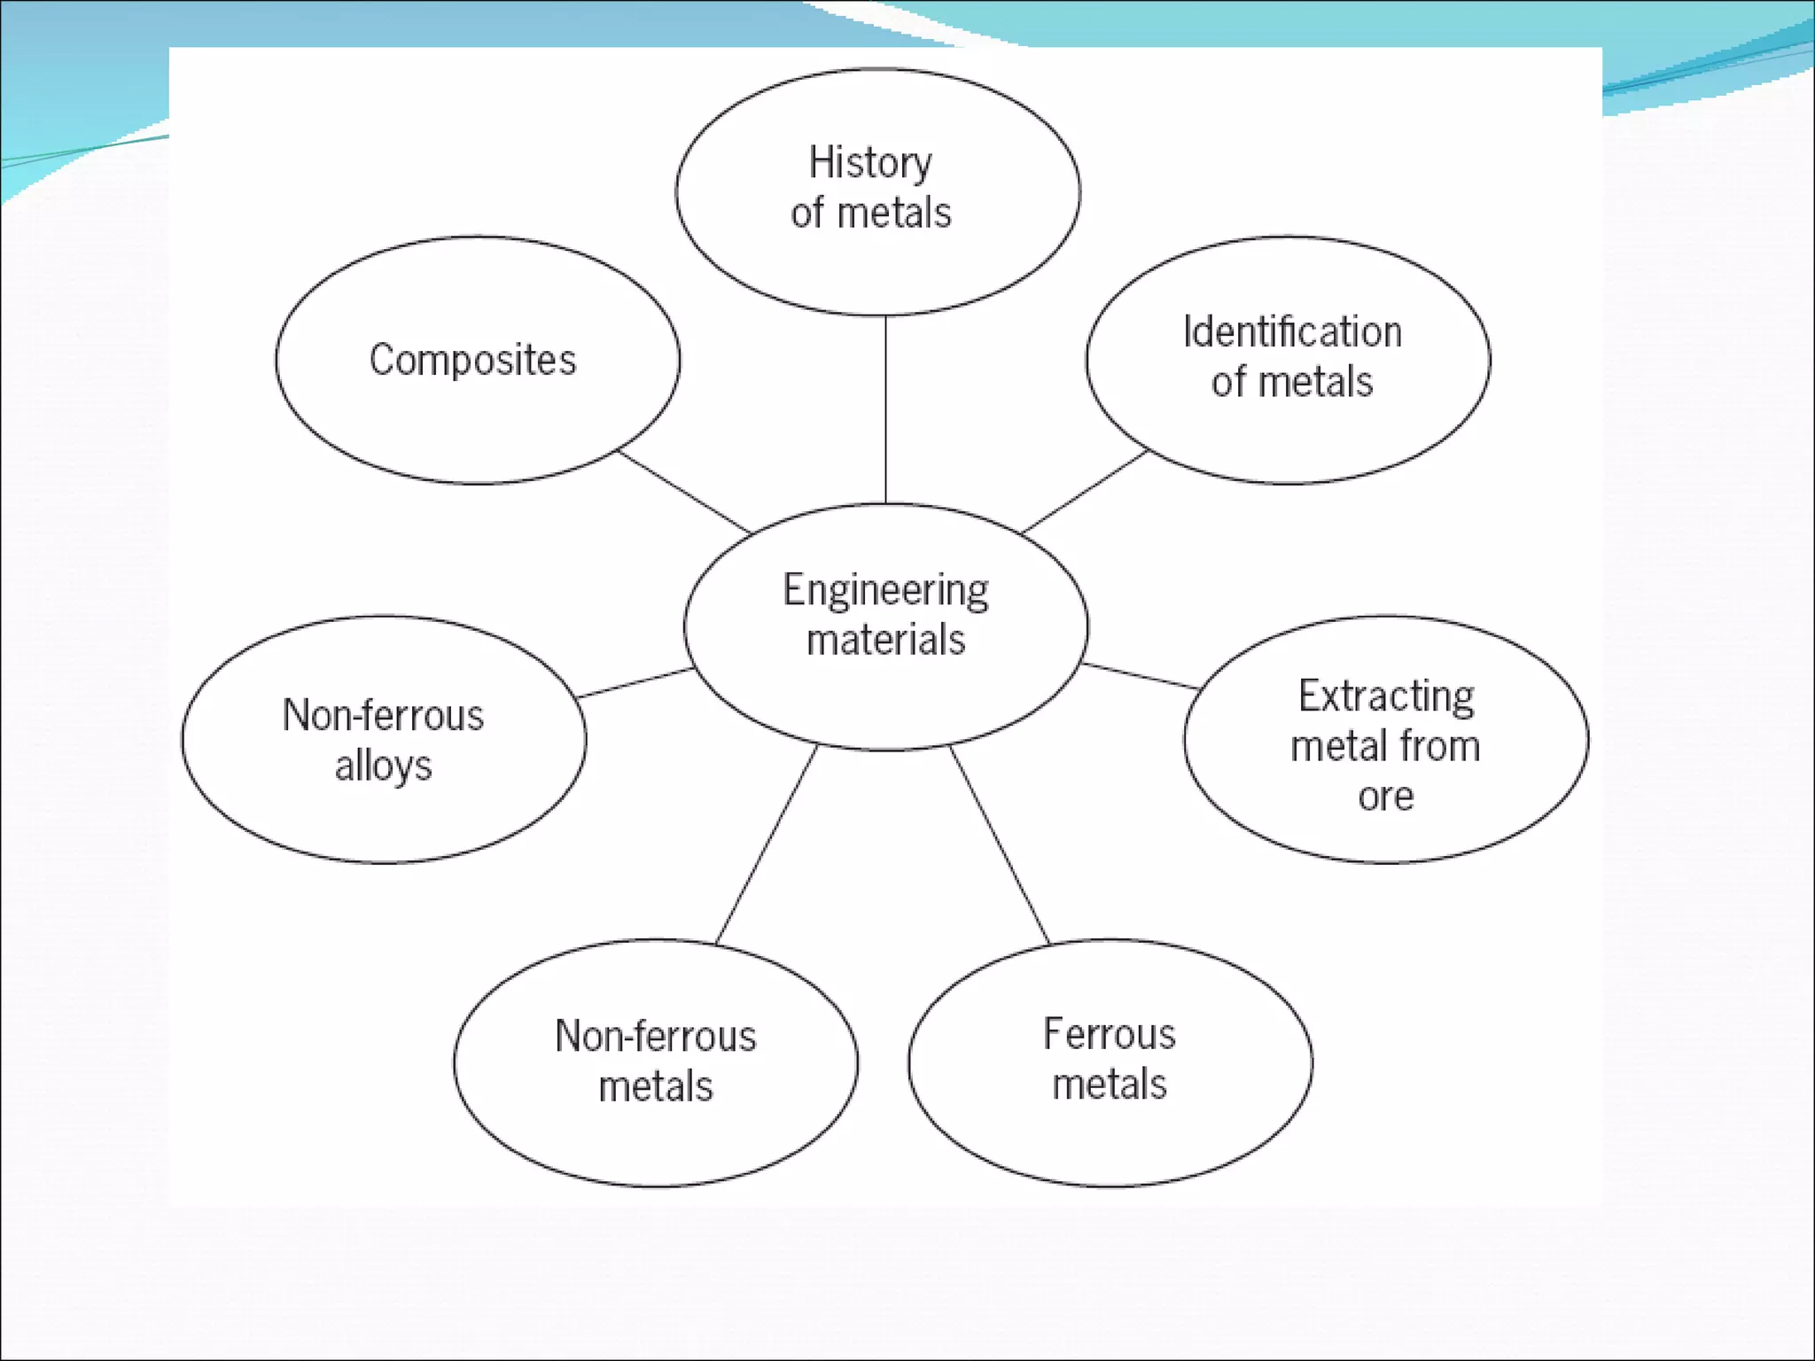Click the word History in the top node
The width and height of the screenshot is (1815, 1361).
pos(870,164)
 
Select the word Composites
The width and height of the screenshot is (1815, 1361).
pos(472,361)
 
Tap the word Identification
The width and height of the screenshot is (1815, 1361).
pos(1292,333)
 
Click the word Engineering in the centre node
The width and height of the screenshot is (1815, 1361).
pos(885,591)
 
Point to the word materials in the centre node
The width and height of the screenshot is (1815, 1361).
pos(885,640)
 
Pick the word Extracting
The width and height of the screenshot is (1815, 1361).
pos(1386,696)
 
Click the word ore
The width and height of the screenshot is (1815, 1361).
pos(1385,797)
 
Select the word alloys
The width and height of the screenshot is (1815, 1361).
pos(383,766)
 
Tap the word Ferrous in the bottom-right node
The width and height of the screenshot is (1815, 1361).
pos(1110,1034)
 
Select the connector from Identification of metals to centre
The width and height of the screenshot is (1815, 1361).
pos(1085,492)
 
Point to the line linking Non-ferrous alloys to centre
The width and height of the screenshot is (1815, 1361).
pos(635,683)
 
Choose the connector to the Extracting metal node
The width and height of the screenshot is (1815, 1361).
pos(1141,676)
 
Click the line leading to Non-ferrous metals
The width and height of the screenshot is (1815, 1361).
pos(766,844)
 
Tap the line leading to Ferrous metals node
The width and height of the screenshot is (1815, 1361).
pos(1000,844)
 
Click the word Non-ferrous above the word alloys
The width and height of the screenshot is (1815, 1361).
pos(383,716)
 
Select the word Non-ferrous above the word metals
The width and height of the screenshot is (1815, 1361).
pos(656,1037)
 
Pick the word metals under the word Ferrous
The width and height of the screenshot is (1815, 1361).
pos(1110,1085)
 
